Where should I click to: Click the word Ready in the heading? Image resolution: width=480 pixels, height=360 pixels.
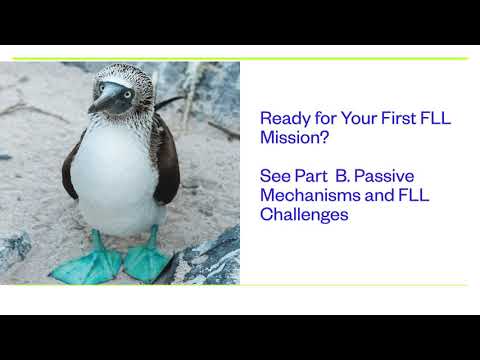pyautogui.click(x=281, y=118)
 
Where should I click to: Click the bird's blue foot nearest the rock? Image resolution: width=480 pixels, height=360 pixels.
pyautogui.click(x=145, y=257)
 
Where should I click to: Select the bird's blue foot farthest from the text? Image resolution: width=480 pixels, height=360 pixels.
pyautogui.click(x=93, y=262)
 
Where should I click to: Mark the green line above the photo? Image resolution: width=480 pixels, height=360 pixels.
pyautogui.click(x=240, y=58)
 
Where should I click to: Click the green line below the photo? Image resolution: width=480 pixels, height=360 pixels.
pyautogui.click(x=240, y=285)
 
